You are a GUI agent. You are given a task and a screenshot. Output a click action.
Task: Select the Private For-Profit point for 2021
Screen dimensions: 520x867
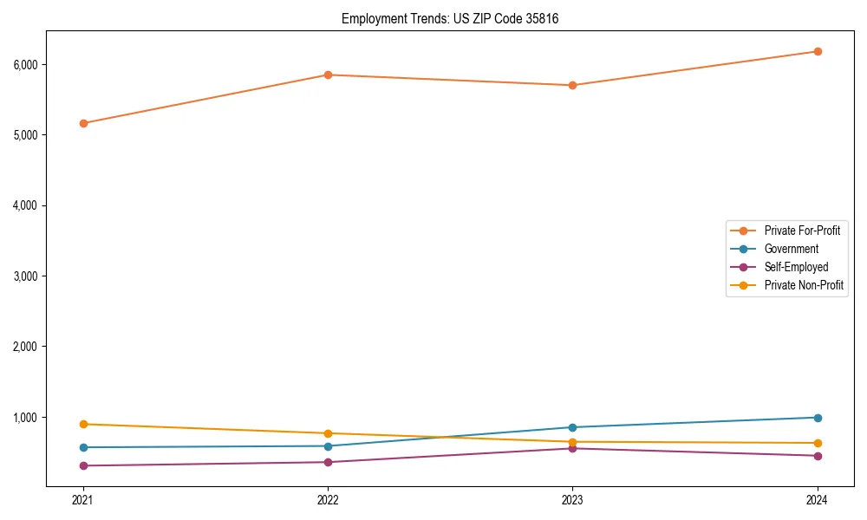tap(83, 123)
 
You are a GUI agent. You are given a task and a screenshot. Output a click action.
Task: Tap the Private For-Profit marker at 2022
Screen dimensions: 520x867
tap(328, 75)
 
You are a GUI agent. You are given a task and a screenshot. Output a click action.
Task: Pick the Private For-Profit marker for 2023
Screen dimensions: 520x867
tap(572, 85)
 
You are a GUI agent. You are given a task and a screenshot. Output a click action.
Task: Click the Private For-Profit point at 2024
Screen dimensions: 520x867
tap(818, 51)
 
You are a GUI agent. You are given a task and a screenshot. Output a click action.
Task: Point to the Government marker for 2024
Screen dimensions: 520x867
tap(818, 418)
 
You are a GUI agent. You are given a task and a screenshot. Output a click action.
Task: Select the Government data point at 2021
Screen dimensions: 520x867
tap(83, 447)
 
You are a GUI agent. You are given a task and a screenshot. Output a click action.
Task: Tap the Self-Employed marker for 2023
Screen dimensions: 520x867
tap(572, 448)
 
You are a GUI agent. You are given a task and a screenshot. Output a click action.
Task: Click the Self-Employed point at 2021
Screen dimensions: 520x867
tap(83, 465)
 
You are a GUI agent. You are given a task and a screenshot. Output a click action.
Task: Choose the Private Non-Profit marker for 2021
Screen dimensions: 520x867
tap(83, 424)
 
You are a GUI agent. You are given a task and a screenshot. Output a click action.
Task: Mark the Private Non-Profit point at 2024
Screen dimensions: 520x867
tap(818, 443)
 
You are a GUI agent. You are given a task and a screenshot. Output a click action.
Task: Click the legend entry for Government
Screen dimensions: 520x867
tap(791, 249)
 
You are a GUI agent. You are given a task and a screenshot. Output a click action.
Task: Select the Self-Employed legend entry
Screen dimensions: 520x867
tap(796, 267)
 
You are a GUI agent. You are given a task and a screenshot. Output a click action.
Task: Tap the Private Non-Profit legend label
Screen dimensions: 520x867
tap(804, 285)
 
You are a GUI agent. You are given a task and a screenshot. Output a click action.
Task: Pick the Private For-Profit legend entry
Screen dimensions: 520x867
tap(802, 231)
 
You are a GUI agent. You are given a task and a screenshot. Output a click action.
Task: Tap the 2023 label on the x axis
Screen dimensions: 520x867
tap(572, 499)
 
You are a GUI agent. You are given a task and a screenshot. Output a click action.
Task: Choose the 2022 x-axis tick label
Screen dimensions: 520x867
tap(328, 499)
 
